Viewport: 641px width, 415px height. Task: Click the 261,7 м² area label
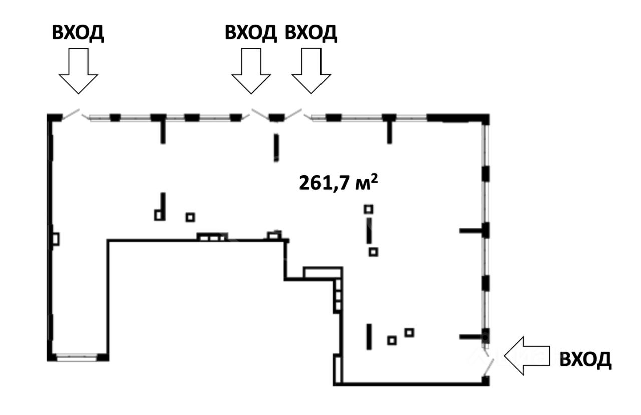tap(338, 183)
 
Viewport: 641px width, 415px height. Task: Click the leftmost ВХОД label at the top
tap(78, 33)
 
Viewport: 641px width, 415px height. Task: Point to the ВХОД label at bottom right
tap(585, 359)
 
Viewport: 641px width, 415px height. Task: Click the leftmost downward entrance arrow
tap(78, 71)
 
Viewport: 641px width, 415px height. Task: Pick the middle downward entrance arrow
tap(251, 71)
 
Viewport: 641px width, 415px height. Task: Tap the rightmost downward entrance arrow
tap(311, 71)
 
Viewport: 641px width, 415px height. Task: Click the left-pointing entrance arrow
tap(527, 356)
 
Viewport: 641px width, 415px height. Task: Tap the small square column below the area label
tap(369, 209)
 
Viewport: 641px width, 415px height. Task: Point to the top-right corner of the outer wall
tap(485, 119)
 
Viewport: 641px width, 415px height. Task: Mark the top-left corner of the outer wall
tap(51, 117)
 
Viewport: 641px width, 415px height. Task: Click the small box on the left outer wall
tap(55, 239)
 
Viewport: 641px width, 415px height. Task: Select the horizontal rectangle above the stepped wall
tap(323, 272)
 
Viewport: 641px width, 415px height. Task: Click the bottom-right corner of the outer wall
tap(485, 382)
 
